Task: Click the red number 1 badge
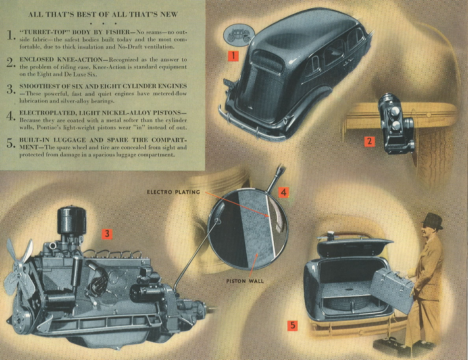pyautogui.click(x=233, y=56)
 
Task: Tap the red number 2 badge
pyautogui.click(x=369, y=141)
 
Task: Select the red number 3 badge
pyautogui.click(x=107, y=234)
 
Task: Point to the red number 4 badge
pyautogui.click(x=284, y=192)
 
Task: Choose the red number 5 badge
pyautogui.click(x=292, y=325)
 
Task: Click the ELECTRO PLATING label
pyautogui.click(x=173, y=192)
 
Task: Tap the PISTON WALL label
pyautogui.click(x=245, y=281)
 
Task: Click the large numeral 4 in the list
pyautogui.click(x=10, y=116)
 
